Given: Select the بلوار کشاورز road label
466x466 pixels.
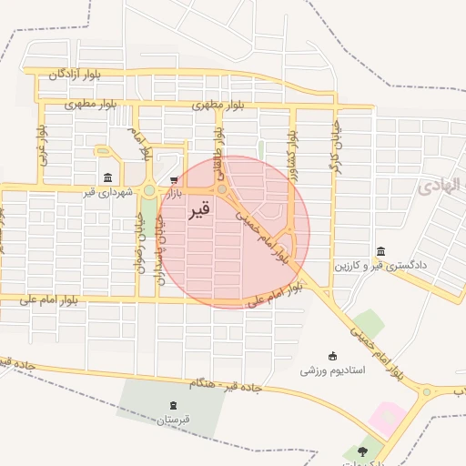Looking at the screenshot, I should tap(293, 145).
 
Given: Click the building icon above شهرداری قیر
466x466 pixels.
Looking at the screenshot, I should tap(108, 177).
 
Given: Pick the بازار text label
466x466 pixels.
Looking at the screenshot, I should tap(173, 194).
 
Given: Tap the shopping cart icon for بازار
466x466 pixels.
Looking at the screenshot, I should tap(174, 180).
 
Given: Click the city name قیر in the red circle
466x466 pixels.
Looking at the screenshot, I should tap(199, 211).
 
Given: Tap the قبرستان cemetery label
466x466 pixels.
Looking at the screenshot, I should tap(172, 420).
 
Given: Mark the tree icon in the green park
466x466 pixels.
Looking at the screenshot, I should tap(363, 451).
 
